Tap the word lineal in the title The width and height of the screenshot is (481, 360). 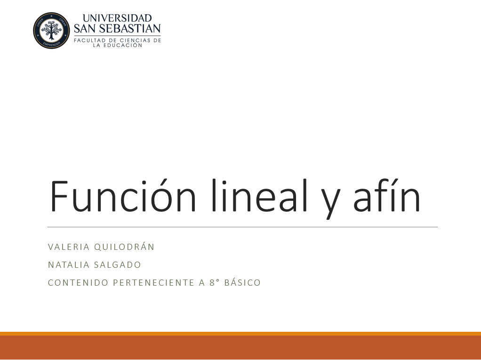pos(259,195)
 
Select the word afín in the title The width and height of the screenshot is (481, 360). pos(387,195)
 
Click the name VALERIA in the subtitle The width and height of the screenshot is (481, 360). pos(69,247)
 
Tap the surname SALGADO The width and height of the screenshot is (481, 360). pos(118,264)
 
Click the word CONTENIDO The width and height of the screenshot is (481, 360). pos(78,282)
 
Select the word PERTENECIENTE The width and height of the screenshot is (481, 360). pos(154,282)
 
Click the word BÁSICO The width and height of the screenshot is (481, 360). pos(242,282)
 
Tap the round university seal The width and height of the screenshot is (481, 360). pos(51,31)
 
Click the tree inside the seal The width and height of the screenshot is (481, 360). pos(51,30)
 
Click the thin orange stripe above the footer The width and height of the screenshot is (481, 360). pos(240,334)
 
